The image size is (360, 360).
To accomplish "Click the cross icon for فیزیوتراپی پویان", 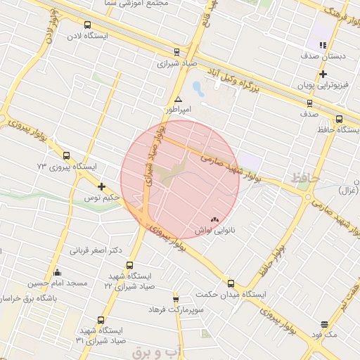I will click(x=323, y=74).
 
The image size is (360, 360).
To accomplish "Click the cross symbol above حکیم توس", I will click(x=102, y=187).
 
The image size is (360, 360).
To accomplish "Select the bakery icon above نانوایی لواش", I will click(x=214, y=219).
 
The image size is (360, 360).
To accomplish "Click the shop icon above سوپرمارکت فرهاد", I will click(x=176, y=300).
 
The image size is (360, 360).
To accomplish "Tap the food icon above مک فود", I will click(x=324, y=324).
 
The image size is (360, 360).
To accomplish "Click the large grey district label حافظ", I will click(x=306, y=179).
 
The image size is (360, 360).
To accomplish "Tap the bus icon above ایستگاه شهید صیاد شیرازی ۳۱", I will click(x=101, y=320).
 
